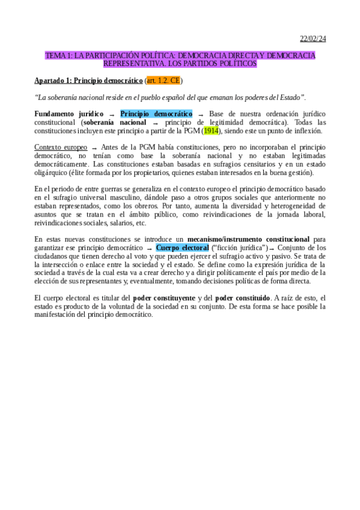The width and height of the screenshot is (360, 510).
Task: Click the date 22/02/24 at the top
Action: point(313,39)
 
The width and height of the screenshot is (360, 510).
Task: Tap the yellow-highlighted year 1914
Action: point(212,131)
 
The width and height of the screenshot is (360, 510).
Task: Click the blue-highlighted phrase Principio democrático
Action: point(156,113)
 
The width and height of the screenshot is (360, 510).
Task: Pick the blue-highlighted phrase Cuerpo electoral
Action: point(182,247)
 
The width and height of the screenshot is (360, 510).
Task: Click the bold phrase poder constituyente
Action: point(163,297)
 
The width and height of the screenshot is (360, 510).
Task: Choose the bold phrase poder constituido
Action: point(242,297)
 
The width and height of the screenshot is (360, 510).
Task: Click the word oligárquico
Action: point(51,173)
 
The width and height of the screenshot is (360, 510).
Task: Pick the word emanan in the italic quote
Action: point(219,97)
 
